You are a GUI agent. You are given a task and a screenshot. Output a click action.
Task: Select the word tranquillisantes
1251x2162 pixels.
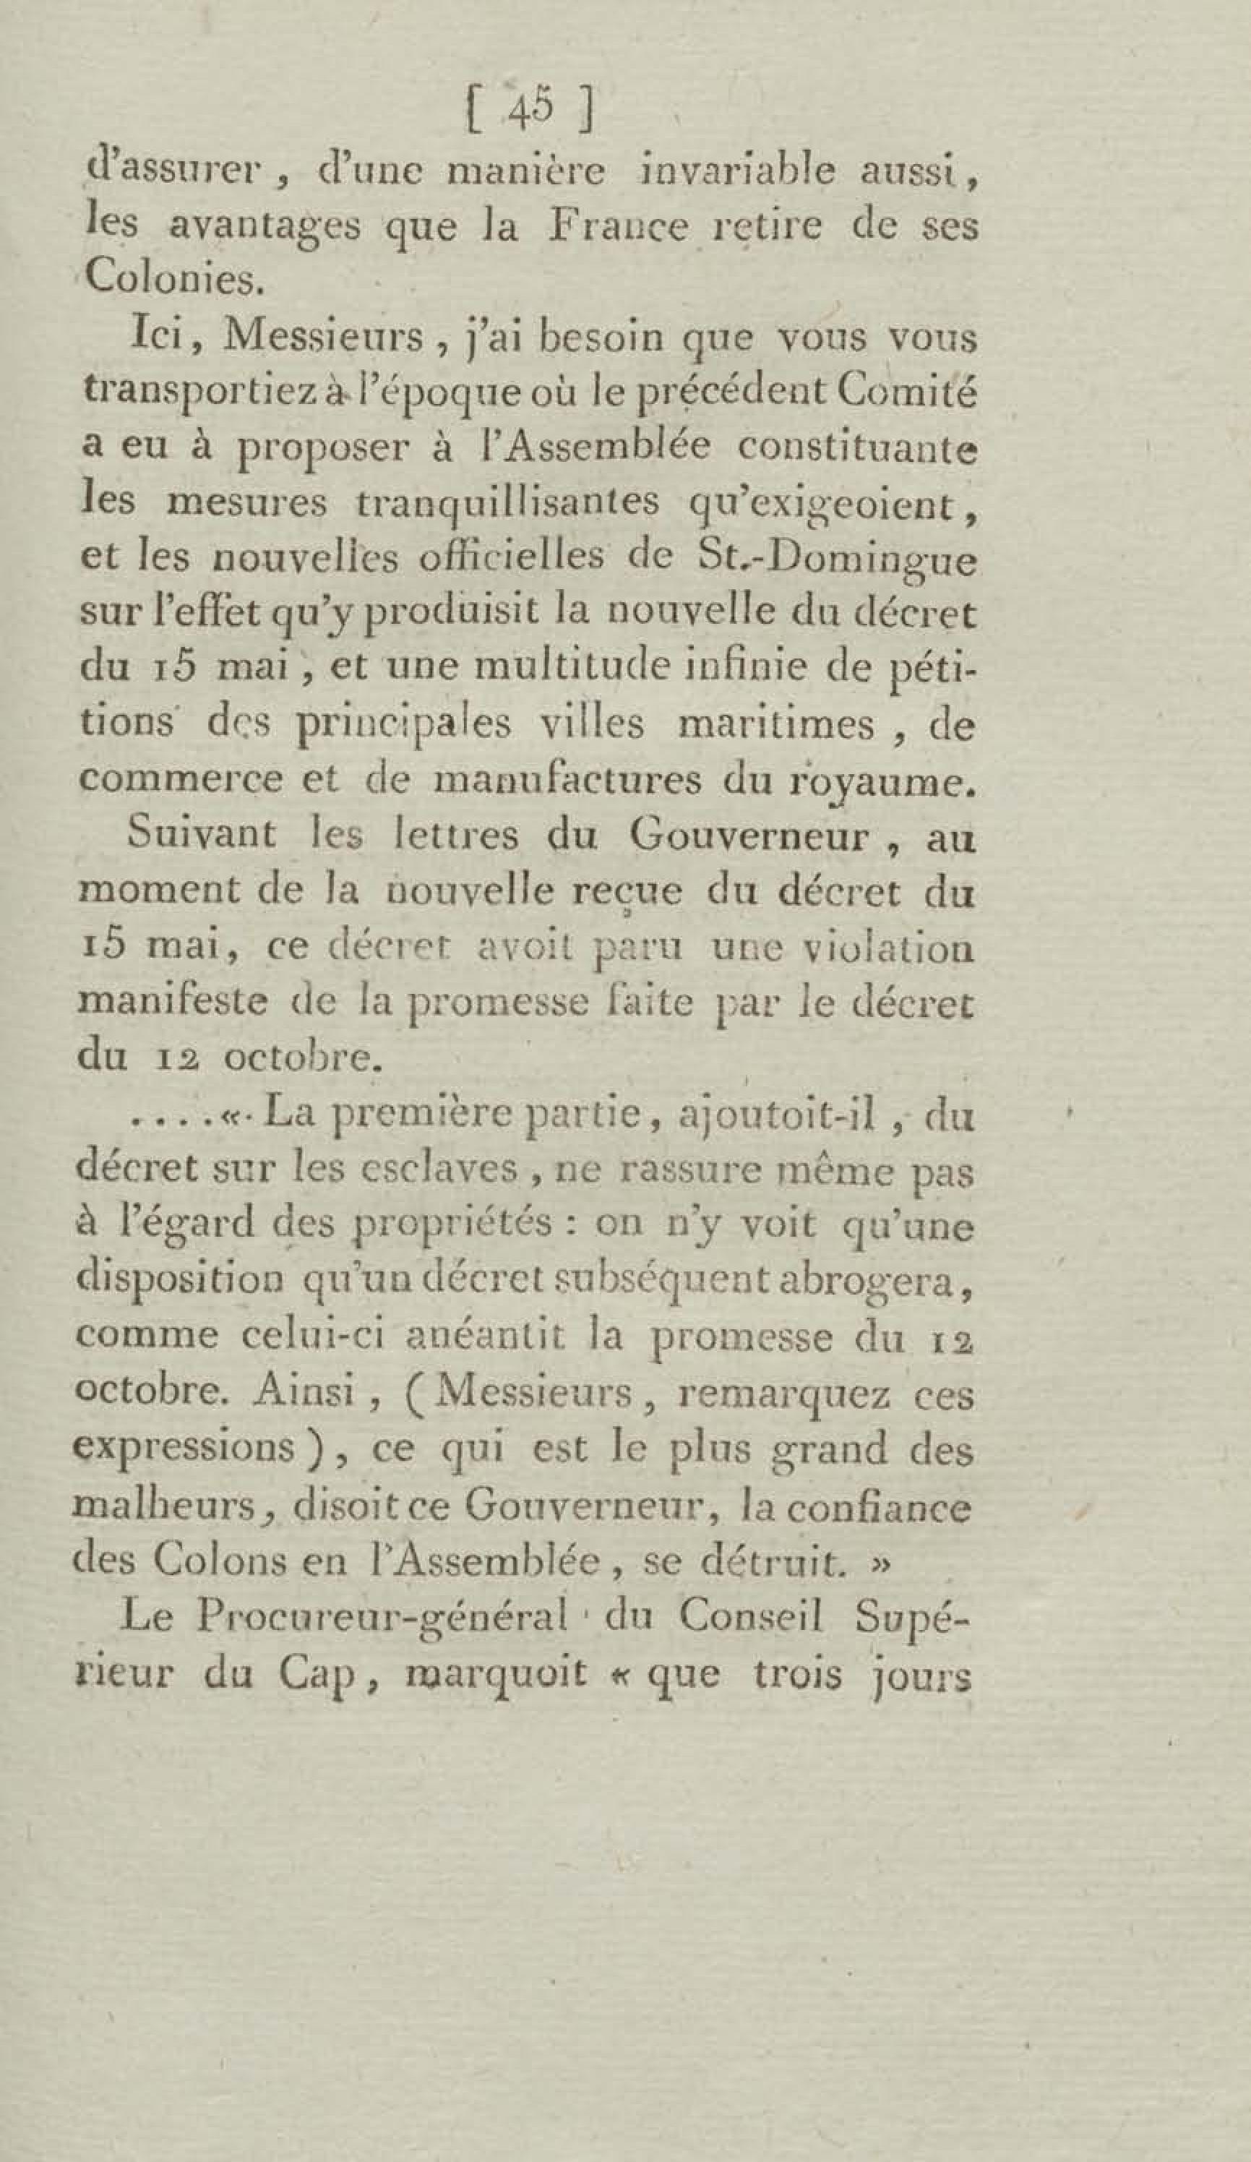point(486,505)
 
